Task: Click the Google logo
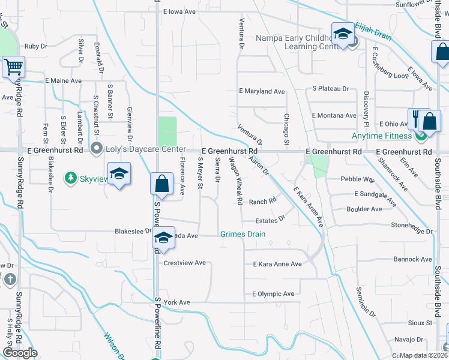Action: [x=20, y=353]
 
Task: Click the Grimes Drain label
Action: [x=243, y=234]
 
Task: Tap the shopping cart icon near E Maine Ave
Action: [x=13, y=67]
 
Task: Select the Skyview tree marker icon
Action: [x=70, y=178]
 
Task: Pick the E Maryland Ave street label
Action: [x=262, y=91]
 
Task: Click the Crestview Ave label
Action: [x=184, y=263]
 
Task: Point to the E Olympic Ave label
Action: [x=273, y=294]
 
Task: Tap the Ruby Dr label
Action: [x=35, y=46]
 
